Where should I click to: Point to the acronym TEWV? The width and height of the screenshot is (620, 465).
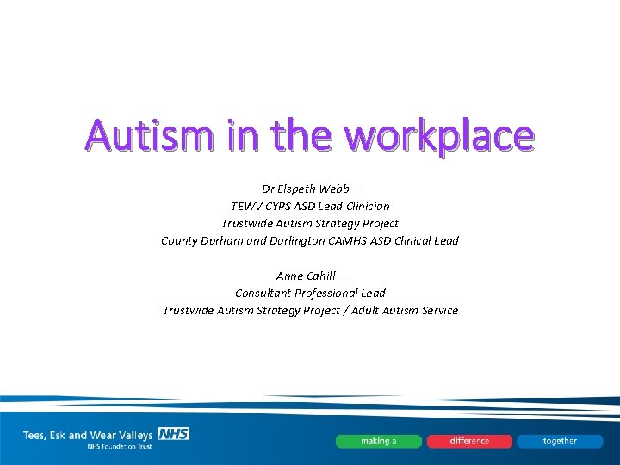[x=248, y=206]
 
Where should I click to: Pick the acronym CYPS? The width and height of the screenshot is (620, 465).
[x=286, y=206]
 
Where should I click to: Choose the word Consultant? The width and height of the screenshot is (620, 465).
[x=265, y=293]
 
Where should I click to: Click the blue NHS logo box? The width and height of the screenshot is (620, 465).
[x=173, y=433]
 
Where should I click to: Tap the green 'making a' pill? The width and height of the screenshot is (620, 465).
[x=379, y=441]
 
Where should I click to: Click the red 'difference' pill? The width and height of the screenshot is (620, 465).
[x=469, y=441]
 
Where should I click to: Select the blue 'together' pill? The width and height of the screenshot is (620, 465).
[x=560, y=441]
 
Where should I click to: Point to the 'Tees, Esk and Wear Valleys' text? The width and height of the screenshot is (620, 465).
[x=89, y=435]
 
